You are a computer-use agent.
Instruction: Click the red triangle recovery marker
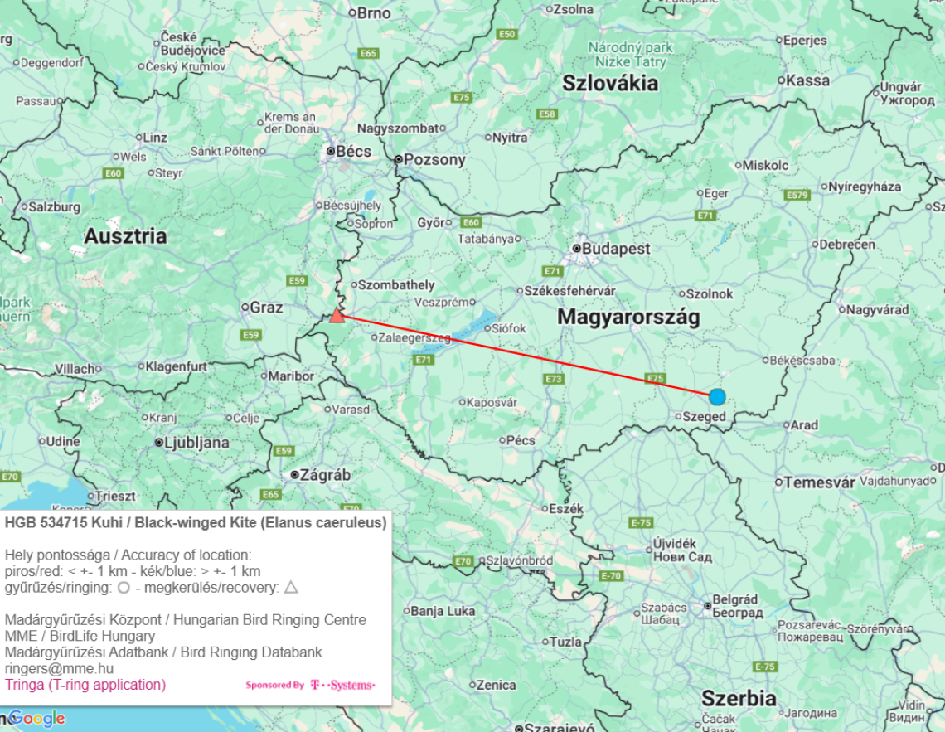pos(336,315)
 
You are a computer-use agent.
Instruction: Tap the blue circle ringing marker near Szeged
pos(717,397)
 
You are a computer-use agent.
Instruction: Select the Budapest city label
pos(616,249)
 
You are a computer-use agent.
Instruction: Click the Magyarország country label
pos(628,317)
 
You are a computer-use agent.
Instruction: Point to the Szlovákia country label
pos(610,83)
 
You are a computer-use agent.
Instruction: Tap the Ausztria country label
pos(125,236)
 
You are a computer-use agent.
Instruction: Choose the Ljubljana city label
pos(196,443)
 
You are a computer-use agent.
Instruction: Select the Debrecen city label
pos(846,245)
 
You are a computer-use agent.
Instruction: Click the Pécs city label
pos(520,440)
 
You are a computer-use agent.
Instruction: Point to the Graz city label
pos(266,308)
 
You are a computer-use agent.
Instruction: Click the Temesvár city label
pos(819,482)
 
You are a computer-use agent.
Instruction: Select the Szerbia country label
pos(739,698)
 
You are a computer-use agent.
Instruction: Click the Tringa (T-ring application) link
pos(85,685)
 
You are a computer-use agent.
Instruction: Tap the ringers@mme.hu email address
pos(59,668)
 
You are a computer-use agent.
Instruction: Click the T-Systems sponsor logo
pos(342,685)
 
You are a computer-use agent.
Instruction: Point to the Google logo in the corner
pos(37,719)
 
